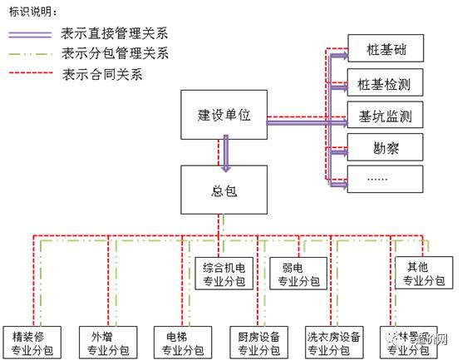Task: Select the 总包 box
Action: pos(224,188)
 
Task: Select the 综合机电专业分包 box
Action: pos(224,274)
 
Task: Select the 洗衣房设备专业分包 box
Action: pos(333,343)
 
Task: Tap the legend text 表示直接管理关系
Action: pos(115,34)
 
